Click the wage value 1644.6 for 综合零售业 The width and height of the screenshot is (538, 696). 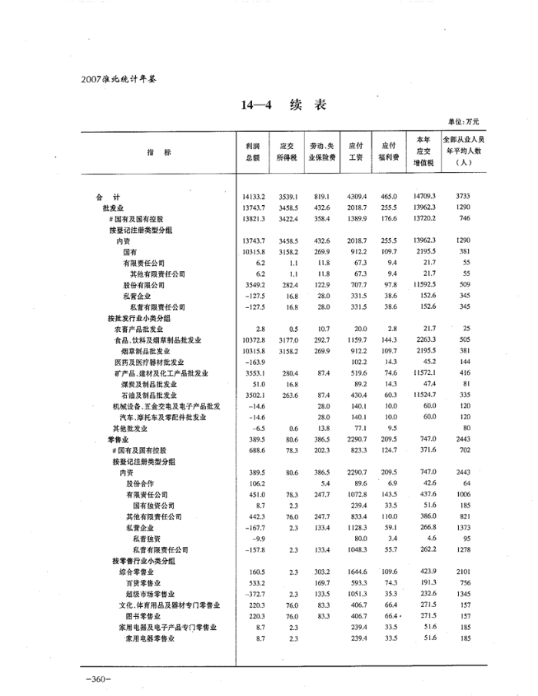tap(354, 572)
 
